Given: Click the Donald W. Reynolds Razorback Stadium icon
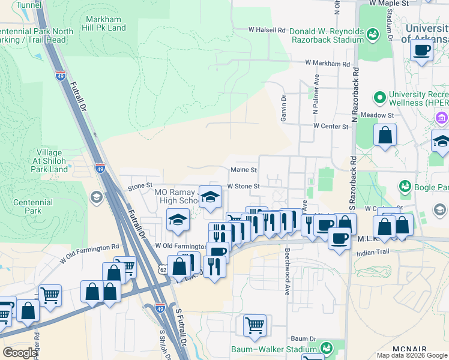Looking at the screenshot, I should (x=372, y=35).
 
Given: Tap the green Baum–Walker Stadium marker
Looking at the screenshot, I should (x=327, y=348).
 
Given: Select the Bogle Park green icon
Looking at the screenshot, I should (x=405, y=187).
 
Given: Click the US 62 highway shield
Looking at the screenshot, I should (x=162, y=269).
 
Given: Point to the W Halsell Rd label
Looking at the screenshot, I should (x=267, y=29).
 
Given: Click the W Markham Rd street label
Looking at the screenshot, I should (x=327, y=63).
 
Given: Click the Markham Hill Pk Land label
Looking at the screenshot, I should (x=106, y=23).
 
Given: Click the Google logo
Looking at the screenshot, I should (x=20, y=353).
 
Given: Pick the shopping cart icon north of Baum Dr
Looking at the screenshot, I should (x=255, y=326).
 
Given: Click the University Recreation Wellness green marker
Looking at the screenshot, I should (x=379, y=97).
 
